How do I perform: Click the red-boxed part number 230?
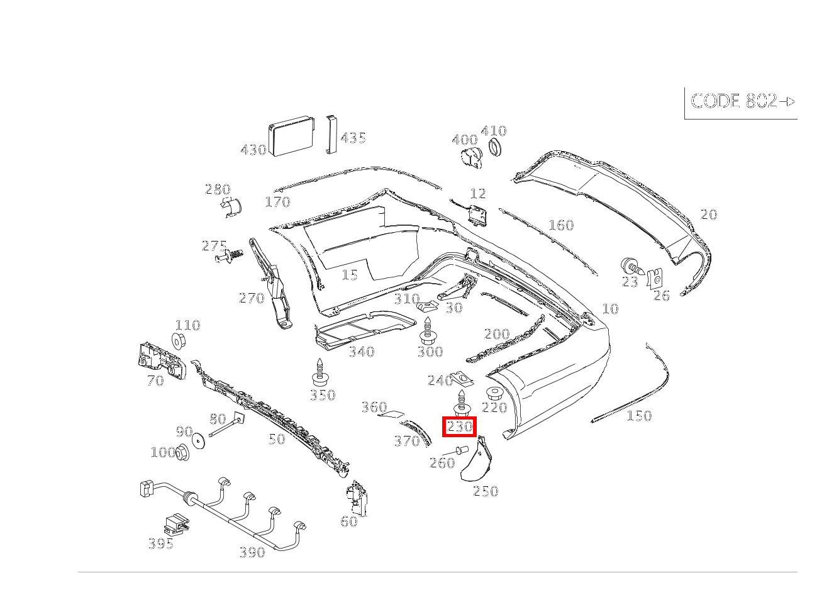pos(459,427)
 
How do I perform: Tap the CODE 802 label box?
pos(742,102)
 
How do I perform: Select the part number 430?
pos(253,150)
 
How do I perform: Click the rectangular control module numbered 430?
pos(292,136)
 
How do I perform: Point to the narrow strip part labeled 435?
pos(331,134)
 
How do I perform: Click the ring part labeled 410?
pos(496,148)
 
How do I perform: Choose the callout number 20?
pos(708,214)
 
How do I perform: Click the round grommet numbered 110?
pos(179,340)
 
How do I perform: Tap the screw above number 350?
pos(321,372)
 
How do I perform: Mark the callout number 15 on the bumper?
pos(349,275)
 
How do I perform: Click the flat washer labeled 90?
pos(199,440)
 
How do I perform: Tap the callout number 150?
pos(638,416)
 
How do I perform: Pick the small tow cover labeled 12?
pos(479,214)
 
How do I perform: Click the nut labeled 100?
pos(182,452)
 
